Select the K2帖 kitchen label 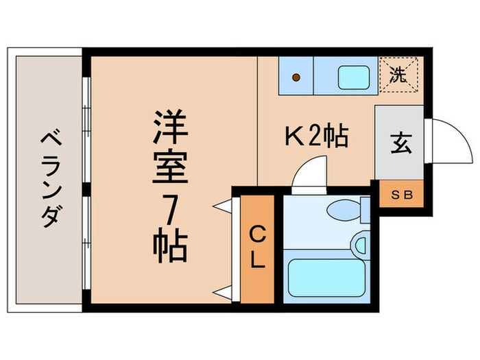point(316,138)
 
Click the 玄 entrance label point(398,143)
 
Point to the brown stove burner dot point(296,77)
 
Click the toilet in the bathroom point(346,210)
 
